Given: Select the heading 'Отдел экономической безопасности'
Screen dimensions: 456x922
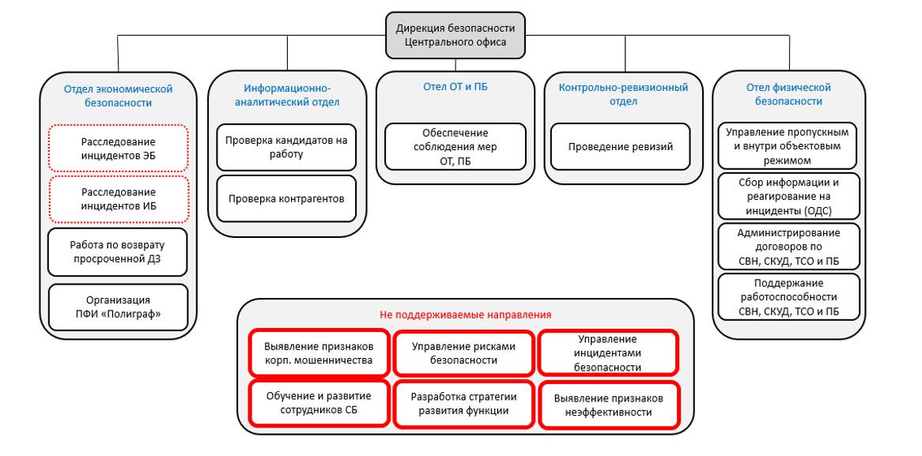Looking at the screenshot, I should click(x=118, y=96).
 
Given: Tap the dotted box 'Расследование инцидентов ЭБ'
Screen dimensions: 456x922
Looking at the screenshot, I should click(x=119, y=148).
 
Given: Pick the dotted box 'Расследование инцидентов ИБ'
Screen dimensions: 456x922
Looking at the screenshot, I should click(x=119, y=199).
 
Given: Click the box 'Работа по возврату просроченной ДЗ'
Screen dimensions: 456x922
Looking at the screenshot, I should click(x=119, y=252).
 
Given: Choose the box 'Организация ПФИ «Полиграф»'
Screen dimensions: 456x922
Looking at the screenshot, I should click(x=119, y=307).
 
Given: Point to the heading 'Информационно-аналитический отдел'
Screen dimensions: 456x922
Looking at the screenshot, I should click(x=287, y=95).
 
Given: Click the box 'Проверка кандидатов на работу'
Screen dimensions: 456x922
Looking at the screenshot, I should click(x=286, y=147).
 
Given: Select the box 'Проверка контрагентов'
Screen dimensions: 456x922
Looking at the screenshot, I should click(x=286, y=198).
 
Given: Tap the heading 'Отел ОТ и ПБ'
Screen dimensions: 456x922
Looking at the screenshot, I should click(x=455, y=87).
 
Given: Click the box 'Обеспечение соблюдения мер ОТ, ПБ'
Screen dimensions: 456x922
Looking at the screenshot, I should click(x=455, y=147).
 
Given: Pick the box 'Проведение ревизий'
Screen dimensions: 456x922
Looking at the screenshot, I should click(x=620, y=146).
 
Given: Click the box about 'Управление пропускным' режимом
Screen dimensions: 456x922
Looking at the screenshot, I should click(x=788, y=146).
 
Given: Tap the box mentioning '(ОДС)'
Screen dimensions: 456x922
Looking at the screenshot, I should click(x=788, y=197).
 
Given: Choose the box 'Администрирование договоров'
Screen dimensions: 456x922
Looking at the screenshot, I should click(x=788, y=247).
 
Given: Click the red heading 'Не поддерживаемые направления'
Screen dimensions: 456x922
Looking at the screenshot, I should click(x=465, y=315).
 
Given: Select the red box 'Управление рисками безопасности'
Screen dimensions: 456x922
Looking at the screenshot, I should click(x=463, y=353).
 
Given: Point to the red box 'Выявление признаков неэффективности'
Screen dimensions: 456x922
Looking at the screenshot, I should click(x=608, y=405).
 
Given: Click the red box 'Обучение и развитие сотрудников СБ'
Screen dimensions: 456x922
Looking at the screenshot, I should click(x=319, y=403).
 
